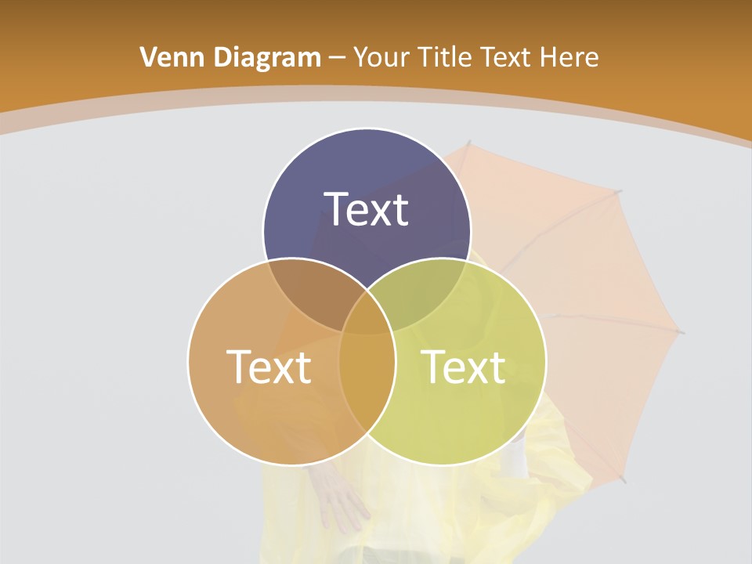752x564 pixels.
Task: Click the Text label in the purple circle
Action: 367,209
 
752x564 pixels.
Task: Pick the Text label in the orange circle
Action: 269,367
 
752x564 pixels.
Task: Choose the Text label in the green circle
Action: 464,367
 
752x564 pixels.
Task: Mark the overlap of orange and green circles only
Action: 367,376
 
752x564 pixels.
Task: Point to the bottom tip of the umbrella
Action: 624,479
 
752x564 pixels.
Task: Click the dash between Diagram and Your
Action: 338,58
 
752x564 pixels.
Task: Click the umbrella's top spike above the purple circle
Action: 468,144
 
